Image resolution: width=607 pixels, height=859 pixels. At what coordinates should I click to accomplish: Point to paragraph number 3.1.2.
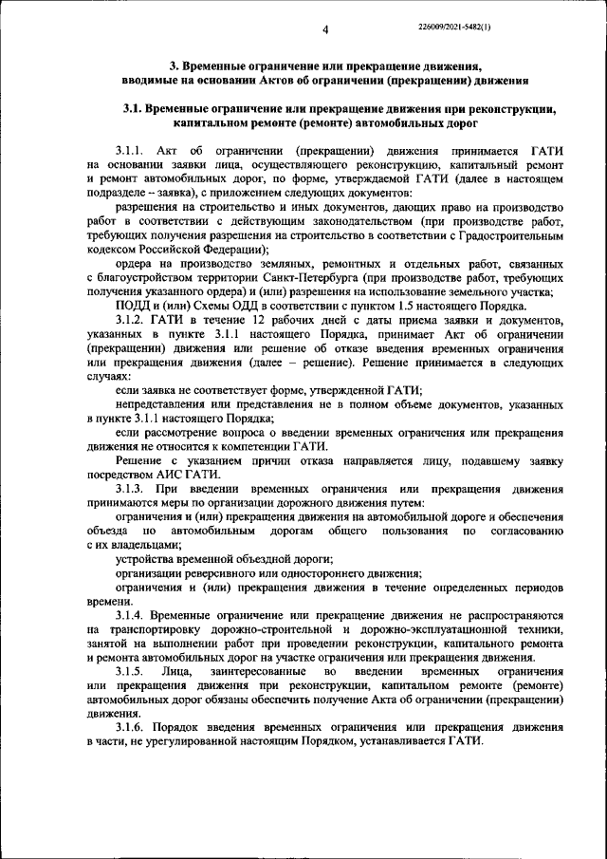pos(129,346)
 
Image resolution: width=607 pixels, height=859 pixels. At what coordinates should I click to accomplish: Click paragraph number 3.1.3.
pos(129,488)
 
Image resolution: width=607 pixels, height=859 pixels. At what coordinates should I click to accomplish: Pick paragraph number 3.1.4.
pos(129,615)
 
